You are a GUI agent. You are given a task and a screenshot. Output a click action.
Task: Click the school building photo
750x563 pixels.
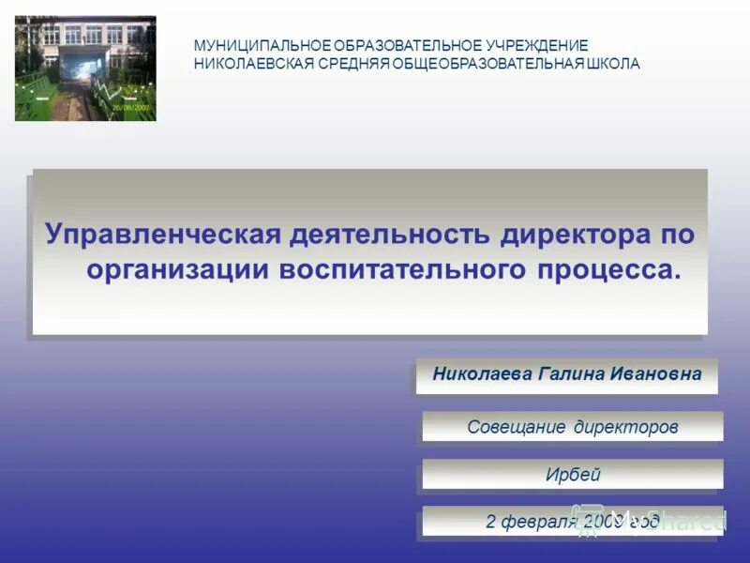pos(85,68)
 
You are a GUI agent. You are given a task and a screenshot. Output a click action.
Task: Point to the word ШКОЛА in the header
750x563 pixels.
pos(613,64)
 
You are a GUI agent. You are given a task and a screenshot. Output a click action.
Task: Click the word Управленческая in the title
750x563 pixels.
pos(163,235)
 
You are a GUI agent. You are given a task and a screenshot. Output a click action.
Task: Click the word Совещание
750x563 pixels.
pos(517,427)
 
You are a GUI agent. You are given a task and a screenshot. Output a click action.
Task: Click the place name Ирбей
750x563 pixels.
pos(573,475)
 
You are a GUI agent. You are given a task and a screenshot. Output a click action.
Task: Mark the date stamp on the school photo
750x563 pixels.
pos(132,108)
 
